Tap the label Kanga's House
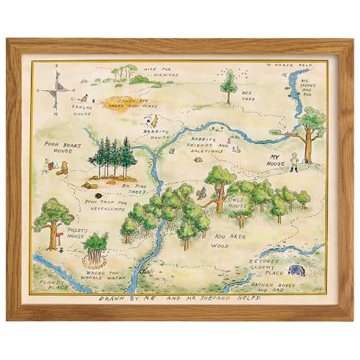pos(83,109)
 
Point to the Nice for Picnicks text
pos(143,71)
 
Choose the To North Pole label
pos(286,66)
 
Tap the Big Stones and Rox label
pos(309,85)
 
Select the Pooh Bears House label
pos(66,148)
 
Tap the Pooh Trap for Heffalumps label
pos(109,204)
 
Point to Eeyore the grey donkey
pos(297,271)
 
